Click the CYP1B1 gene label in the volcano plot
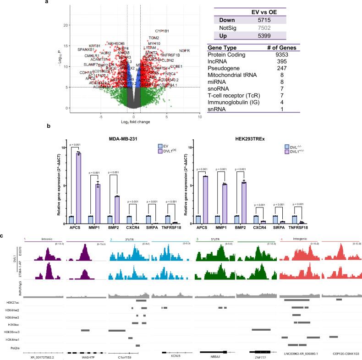click(x=162, y=31)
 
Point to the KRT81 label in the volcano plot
click(x=94, y=46)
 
